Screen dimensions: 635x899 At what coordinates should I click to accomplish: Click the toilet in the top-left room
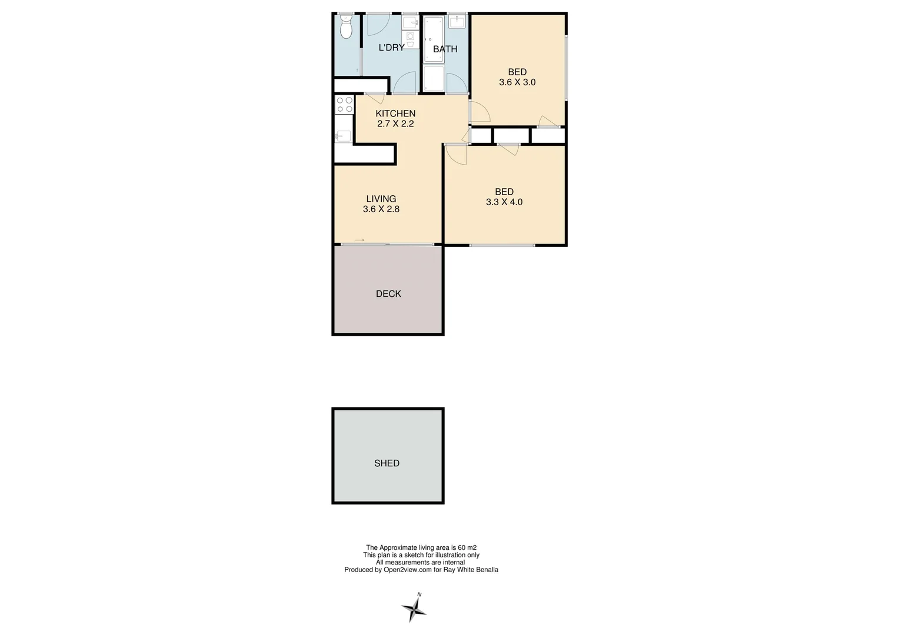click(x=346, y=27)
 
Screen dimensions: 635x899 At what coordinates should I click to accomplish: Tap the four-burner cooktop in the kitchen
click(x=344, y=105)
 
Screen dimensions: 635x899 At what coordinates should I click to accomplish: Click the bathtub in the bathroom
click(x=434, y=39)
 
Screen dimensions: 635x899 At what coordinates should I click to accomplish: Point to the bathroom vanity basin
click(x=457, y=22)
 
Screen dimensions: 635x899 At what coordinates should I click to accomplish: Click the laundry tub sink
click(x=410, y=23)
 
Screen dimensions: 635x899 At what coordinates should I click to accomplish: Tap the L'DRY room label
click(x=391, y=48)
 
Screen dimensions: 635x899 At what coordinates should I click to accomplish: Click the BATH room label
click(x=445, y=49)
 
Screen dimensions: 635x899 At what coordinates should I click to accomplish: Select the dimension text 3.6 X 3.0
click(x=517, y=83)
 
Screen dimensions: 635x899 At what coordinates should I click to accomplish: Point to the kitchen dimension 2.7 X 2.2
click(x=395, y=124)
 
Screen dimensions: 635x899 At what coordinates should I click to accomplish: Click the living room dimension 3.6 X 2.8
click(x=381, y=209)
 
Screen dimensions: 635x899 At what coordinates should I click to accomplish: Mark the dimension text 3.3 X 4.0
click(x=504, y=202)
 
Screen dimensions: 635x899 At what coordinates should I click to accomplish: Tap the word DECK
click(x=388, y=294)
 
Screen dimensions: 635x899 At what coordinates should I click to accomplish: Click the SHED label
click(x=387, y=463)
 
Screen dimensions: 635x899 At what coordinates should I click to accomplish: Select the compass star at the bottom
click(x=414, y=609)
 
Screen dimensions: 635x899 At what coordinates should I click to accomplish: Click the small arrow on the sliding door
click(x=359, y=240)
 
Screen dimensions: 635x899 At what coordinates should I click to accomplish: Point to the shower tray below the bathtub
click(x=434, y=78)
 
